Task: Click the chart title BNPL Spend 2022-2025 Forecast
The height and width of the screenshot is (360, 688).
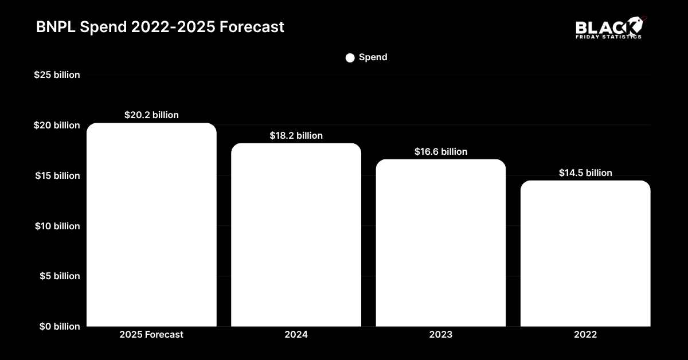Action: [160, 27]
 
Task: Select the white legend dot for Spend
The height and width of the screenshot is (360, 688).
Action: [350, 58]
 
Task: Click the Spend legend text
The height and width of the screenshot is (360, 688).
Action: [373, 57]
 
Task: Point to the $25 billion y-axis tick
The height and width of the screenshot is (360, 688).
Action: [57, 75]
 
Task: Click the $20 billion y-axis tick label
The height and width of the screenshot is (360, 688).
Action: [57, 125]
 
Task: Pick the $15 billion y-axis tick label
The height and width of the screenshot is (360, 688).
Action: [57, 175]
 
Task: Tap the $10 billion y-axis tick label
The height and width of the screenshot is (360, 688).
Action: [57, 226]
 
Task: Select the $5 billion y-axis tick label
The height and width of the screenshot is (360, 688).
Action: [59, 276]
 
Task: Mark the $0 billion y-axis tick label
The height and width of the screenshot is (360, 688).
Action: [59, 326]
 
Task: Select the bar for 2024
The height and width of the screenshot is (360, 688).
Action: [296, 235]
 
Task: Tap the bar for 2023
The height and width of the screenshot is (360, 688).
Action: [441, 243]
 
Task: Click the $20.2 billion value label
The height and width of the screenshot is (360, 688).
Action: [151, 115]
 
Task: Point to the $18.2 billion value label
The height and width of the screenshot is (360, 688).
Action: [296, 136]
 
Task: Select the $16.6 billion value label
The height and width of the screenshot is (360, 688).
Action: [441, 152]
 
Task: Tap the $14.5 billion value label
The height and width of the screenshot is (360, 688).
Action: [585, 173]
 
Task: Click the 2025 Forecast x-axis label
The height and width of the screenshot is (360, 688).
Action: [151, 335]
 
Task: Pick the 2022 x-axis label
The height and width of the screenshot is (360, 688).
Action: [585, 335]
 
